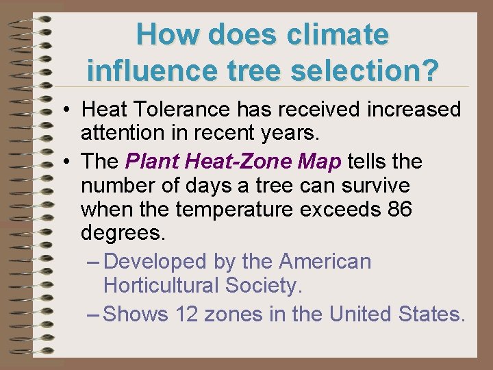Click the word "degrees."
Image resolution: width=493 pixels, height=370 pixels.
tap(123, 233)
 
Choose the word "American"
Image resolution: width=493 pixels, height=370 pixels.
tap(325, 261)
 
